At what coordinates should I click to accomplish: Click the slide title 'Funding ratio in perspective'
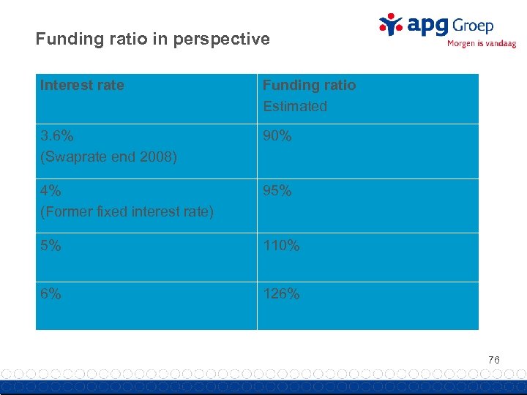tap(152, 39)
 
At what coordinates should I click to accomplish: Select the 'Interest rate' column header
tap(82, 86)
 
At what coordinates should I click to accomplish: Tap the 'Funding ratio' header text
tap(309, 86)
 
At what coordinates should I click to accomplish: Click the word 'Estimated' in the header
tap(295, 106)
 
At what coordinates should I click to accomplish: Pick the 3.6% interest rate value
tap(56, 136)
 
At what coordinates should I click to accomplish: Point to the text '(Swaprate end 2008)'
tap(108, 157)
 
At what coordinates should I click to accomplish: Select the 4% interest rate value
tap(51, 191)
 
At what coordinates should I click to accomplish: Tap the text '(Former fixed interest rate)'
tap(127, 211)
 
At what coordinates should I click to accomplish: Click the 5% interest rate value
tap(51, 246)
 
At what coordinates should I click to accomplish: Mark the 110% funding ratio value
tap(281, 246)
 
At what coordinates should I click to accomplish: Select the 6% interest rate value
tap(51, 294)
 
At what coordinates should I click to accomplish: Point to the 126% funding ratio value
tap(281, 294)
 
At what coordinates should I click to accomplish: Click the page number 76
tap(494, 360)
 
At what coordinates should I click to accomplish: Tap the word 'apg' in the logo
tap(427, 26)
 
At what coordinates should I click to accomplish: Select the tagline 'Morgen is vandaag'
tap(481, 43)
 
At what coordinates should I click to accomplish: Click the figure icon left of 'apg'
tap(391, 24)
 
